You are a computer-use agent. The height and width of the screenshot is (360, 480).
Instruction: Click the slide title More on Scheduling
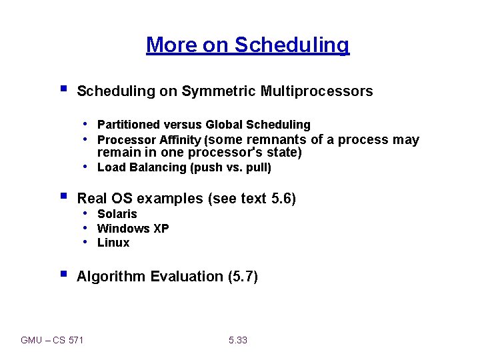click(x=247, y=45)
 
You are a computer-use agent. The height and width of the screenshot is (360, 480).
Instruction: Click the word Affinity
click(x=179, y=140)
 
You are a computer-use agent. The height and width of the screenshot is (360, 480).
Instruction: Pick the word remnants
click(x=275, y=139)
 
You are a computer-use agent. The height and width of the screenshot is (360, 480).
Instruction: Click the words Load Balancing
click(x=142, y=167)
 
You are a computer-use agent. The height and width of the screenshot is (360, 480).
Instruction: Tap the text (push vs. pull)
click(x=231, y=167)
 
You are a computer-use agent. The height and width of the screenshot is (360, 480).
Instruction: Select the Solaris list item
click(x=117, y=214)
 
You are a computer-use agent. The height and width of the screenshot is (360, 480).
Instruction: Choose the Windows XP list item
click(x=133, y=229)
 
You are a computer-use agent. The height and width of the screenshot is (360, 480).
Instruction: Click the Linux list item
click(x=113, y=243)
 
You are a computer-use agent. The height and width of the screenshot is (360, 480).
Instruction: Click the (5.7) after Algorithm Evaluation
click(x=242, y=277)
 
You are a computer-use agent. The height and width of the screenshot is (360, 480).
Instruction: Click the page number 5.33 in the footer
click(x=237, y=340)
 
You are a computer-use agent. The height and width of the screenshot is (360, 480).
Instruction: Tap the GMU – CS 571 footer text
click(x=52, y=340)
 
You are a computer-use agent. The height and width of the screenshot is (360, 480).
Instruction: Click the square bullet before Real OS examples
click(x=63, y=197)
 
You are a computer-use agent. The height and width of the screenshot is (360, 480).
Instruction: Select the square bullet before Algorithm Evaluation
click(x=63, y=275)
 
